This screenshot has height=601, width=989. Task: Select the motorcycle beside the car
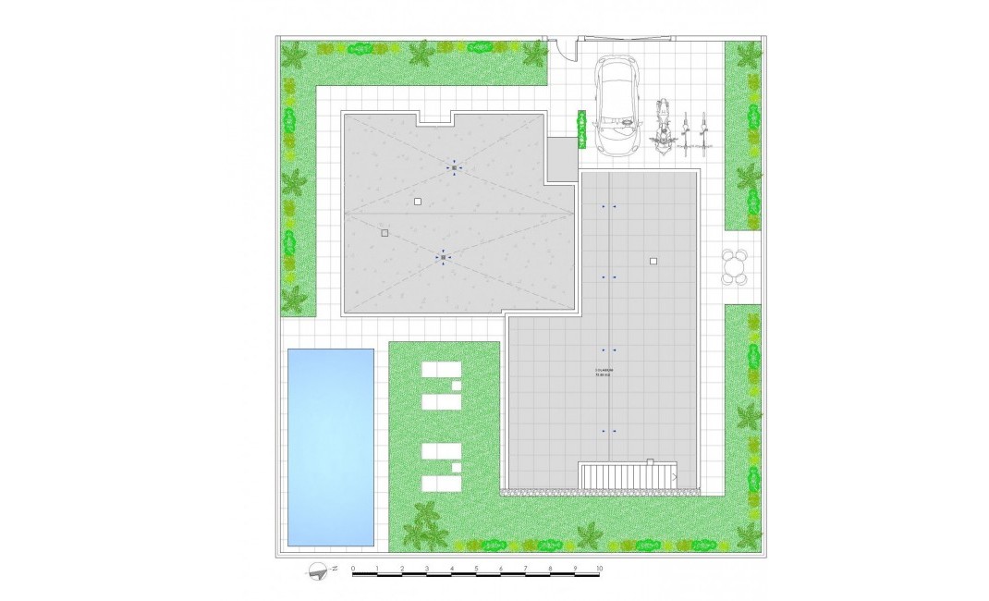click(662, 127)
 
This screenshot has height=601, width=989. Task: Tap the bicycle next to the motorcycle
click(685, 132)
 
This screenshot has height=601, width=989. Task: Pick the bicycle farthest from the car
click(704, 132)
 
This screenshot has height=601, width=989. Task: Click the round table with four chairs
click(735, 266)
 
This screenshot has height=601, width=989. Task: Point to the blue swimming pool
click(331, 447)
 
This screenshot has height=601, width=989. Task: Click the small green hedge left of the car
click(582, 129)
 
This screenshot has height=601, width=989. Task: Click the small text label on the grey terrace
click(604, 372)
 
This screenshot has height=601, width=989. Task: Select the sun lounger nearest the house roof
click(441, 370)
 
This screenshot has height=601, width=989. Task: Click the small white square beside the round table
click(653, 262)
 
